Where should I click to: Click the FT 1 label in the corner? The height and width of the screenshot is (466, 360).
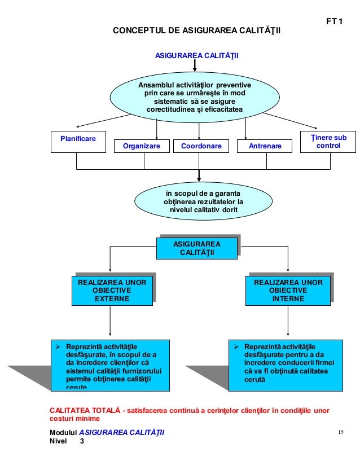334,21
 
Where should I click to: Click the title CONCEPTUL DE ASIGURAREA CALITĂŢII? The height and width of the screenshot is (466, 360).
196,30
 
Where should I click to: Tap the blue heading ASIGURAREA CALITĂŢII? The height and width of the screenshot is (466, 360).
196,56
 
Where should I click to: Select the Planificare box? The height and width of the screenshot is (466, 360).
78,142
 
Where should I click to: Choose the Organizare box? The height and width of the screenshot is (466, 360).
142,146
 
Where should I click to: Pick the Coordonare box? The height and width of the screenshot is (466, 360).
201,146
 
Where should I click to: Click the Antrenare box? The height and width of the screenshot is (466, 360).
265,146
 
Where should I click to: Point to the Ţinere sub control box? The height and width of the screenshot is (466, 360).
328,142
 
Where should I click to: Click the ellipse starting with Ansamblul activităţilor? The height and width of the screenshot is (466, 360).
195,97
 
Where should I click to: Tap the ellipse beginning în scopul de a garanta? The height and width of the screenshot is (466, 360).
203,201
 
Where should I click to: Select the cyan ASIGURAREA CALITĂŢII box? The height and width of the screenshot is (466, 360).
197,248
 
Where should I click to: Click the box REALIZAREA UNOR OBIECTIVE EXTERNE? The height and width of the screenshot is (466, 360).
112,291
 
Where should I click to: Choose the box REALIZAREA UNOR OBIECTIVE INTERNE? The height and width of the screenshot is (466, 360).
288,291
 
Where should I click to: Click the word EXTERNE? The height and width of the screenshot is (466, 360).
112,298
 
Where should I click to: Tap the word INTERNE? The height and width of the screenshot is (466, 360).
288,298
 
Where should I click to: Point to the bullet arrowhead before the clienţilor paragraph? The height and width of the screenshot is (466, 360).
58,347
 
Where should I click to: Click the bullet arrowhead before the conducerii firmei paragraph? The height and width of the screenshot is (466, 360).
236,347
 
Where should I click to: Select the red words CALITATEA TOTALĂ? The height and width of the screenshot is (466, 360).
85,410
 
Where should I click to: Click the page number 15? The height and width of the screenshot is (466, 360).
341,432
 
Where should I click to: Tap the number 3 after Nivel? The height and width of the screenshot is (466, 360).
82,441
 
